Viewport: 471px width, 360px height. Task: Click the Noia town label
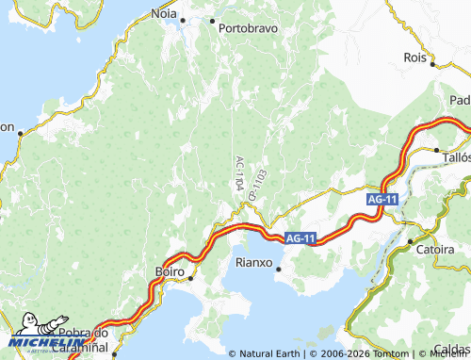click(164, 14)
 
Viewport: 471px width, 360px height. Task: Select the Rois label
click(415, 57)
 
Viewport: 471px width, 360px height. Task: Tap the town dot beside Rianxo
click(279, 270)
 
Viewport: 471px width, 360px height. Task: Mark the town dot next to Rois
click(433, 65)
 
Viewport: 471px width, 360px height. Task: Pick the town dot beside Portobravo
click(212, 21)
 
